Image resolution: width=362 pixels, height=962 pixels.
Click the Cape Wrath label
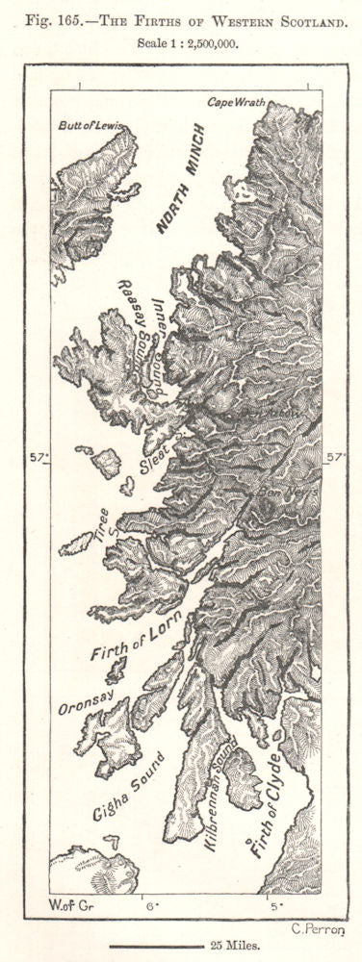pos(235,102)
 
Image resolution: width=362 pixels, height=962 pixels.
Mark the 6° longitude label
pos(151,904)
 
